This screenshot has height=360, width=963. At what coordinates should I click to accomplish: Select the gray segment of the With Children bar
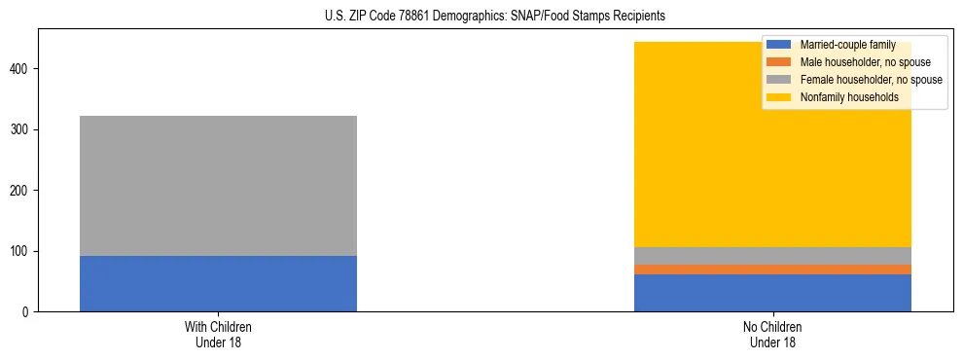point(218,186)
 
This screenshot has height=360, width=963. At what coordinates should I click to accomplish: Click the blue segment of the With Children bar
point(218,283)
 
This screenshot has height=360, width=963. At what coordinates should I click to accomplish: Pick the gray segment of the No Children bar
point(772,256)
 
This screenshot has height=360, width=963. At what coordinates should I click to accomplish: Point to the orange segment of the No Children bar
point(772,270)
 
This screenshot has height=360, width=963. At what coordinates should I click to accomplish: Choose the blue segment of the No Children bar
point(772,293)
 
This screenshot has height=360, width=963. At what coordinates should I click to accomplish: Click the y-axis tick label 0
point(26,312)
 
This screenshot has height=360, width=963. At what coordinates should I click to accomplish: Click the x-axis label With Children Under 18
point(218,335)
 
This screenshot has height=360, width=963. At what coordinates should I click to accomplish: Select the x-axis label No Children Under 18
point(772,335)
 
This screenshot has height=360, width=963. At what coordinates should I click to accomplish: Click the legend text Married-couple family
point(847,45)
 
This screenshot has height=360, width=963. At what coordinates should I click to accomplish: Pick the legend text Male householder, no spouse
point(863,62)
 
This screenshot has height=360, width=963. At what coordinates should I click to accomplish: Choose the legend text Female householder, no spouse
point(871,80)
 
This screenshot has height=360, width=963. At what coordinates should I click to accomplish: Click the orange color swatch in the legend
point(779,62)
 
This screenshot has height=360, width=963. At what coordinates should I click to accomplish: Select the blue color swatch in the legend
point(779,45)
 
